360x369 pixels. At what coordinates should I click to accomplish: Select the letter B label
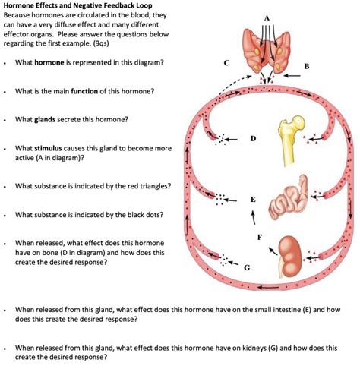[x=306, y=67]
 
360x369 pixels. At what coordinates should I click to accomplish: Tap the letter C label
[x=219, y=63]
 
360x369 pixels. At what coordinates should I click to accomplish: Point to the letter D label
[x=253, y=138]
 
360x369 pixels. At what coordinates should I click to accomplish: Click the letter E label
[x=252, y=199]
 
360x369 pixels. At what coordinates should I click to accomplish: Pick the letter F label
[x=260, y=238]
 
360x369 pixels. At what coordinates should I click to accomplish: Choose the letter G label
[x=245, y=267]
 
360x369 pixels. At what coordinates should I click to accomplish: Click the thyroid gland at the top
[x=267, y=49]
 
